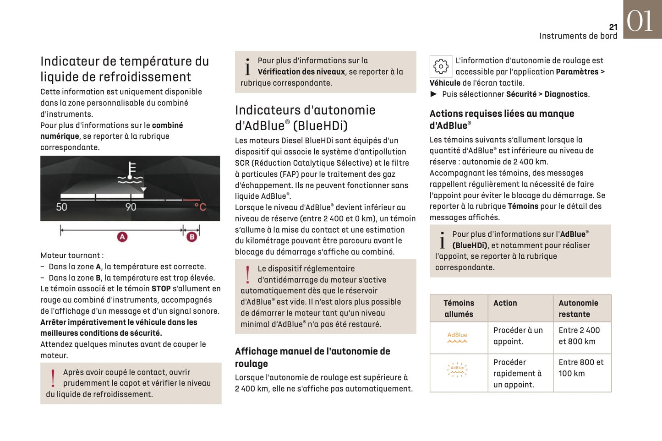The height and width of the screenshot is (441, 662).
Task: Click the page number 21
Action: (x=613, y=27)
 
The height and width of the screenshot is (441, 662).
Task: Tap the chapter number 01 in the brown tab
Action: (x=640, y=21)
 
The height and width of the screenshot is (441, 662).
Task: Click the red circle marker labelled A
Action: (x=122, y=237)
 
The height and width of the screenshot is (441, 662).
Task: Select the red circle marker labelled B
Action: (x=191, y=237)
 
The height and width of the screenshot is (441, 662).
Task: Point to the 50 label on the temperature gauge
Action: (x=61, y=207)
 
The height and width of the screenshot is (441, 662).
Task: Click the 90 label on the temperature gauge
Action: (x=131, y=207)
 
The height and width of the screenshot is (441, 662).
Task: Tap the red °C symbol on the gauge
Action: (x=200, y=207)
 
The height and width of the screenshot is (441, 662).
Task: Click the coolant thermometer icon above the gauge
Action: (x=130, y=173)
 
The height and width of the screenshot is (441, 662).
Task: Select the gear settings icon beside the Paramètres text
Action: (x=441, y=66)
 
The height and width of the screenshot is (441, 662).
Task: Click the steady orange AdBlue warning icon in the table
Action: (x=457, y=338)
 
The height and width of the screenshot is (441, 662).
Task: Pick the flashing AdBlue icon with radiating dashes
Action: (x=457, y=370)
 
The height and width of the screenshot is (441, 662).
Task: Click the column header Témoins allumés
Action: (x=459, y=309)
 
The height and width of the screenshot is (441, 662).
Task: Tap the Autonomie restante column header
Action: (x=578, y=309)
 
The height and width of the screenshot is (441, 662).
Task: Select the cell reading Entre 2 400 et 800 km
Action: (x=579, y=336)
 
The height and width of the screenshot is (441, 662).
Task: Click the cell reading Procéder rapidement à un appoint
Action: (x=518, y=373)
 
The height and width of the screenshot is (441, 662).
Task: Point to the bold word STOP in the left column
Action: (x=161, y=289)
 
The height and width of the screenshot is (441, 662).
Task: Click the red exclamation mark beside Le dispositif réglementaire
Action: (x=248, y=275)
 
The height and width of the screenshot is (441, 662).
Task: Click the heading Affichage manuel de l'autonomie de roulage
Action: (x=312, y=357)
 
